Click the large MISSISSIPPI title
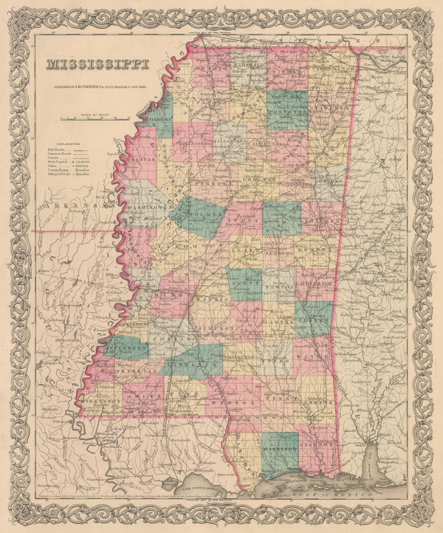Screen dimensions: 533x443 pyautogui.click(x=97, y=67)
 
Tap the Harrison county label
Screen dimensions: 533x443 pyautogui.click(x=281, y=445)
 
